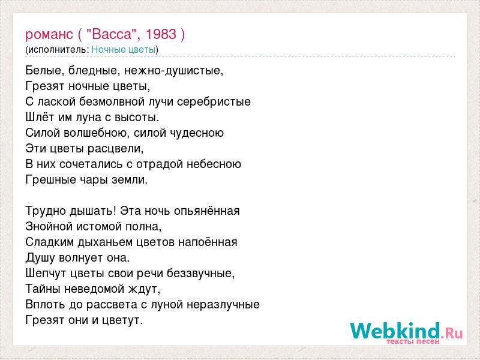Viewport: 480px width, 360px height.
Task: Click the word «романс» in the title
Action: tap(49, 35)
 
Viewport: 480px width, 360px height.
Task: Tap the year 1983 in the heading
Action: tap(161, 34)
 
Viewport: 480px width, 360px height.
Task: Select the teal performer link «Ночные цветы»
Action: tap(124, 50)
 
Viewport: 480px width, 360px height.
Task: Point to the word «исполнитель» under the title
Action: tap(57, 50)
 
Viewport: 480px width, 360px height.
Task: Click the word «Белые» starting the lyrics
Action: tap(43, 71)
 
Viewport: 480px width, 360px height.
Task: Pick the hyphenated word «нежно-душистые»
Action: tap(173, 71)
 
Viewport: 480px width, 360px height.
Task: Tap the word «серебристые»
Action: tap(214, 102)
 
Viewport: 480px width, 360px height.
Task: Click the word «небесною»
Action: tap(214, 164)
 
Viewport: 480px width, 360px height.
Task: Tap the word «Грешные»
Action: tap(51, 179)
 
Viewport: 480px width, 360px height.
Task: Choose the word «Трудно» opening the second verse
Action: tap(46, 211)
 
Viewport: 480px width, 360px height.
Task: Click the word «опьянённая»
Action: tap(206, 211)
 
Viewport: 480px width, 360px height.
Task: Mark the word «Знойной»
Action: tap(49, 226)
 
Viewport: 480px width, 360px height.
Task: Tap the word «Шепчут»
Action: tap(46, 274)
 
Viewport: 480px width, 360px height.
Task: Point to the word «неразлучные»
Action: tap(223, 305)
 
